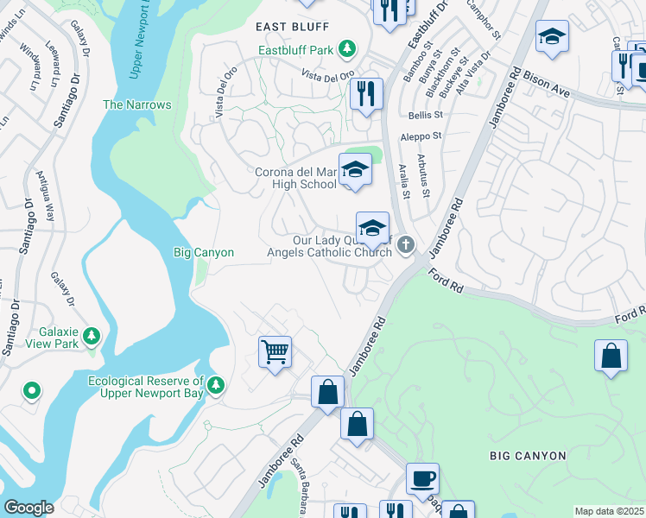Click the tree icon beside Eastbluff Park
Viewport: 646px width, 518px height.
(x=347, y=49)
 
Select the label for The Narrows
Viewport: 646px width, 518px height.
(x=137, y=104)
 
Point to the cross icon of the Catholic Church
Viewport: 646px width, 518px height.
(x=404, y=247)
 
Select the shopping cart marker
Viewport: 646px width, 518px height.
(x=275, y=351)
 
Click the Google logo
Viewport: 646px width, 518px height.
(x=28, y=508)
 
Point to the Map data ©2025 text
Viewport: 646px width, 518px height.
(x=609, y=511)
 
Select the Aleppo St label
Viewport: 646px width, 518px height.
(x=421, y=136)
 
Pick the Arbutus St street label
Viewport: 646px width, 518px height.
(x=425, y=175)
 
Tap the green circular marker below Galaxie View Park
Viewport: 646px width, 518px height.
(x=32, y=391)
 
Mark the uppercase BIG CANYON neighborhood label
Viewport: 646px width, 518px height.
(x=528, y=455)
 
